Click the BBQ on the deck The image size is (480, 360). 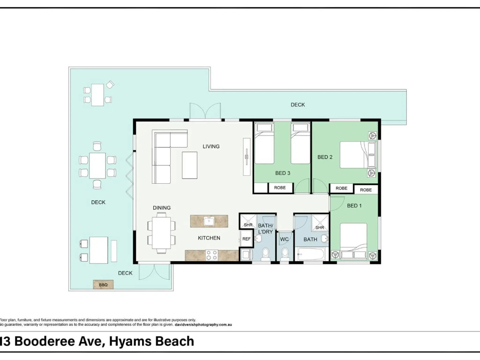[x=103, y=285]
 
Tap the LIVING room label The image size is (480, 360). [x=211, y=146]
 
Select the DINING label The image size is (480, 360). [x=162, y=208]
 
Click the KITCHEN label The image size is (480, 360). [x=209, y=238]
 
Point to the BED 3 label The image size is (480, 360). [x=283, y=173]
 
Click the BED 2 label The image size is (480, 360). [x=325, y=157]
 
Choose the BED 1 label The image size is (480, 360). [x=354, y=206]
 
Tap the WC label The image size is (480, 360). [x=284, y=239]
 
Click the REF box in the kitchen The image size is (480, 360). [x=247, y=239]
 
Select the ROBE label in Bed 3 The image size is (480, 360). [x=280, y=187]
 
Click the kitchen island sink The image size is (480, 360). [x=210, y=221]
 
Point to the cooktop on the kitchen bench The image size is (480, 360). [x=211, y=255]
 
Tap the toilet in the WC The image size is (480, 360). [x=285, y=255]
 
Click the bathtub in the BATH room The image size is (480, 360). [x=311, y=255]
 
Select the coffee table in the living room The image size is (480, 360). [x=189, y=165]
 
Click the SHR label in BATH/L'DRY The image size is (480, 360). [x=248, y=225]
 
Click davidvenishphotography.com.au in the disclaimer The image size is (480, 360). [x=203, y=325]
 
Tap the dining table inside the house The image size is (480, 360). [x=161, y=232]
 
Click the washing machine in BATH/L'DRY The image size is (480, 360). [x=246, y=255]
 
